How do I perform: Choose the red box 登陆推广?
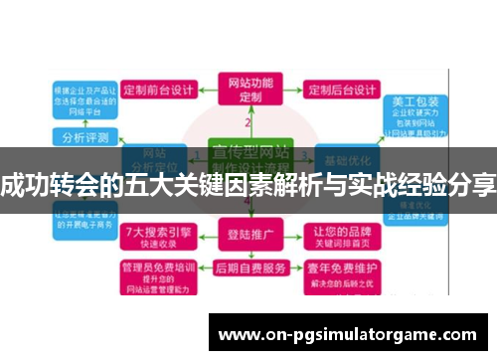pos(248,237)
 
